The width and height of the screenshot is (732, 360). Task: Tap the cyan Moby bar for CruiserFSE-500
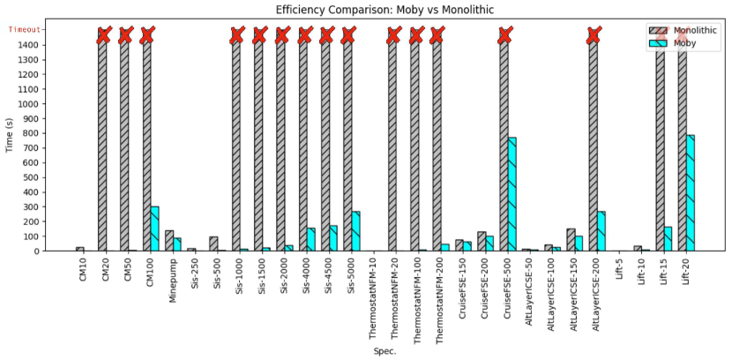pyautogui.click(x=512, y=194)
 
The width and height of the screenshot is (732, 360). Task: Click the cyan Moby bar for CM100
pyautogui.click(x=154, y=229)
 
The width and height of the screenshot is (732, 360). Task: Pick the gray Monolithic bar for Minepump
pyautogui.click(x=168, y=241)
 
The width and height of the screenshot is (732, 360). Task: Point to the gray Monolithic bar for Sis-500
pyautogui.click(x=213, y=244)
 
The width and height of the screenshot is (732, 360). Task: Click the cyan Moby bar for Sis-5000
pyautogui.click(x=355, y=231)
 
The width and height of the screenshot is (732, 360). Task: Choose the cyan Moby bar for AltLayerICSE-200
pyautogui.click(x=601, y=231)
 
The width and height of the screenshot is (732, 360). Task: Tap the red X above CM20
pyautogui.click(x=103, y=35)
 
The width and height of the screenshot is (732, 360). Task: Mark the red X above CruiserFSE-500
pyautogui.click(x=504, y=35)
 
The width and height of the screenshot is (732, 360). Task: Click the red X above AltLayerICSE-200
pyautogui.click(x=594, y=35)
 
